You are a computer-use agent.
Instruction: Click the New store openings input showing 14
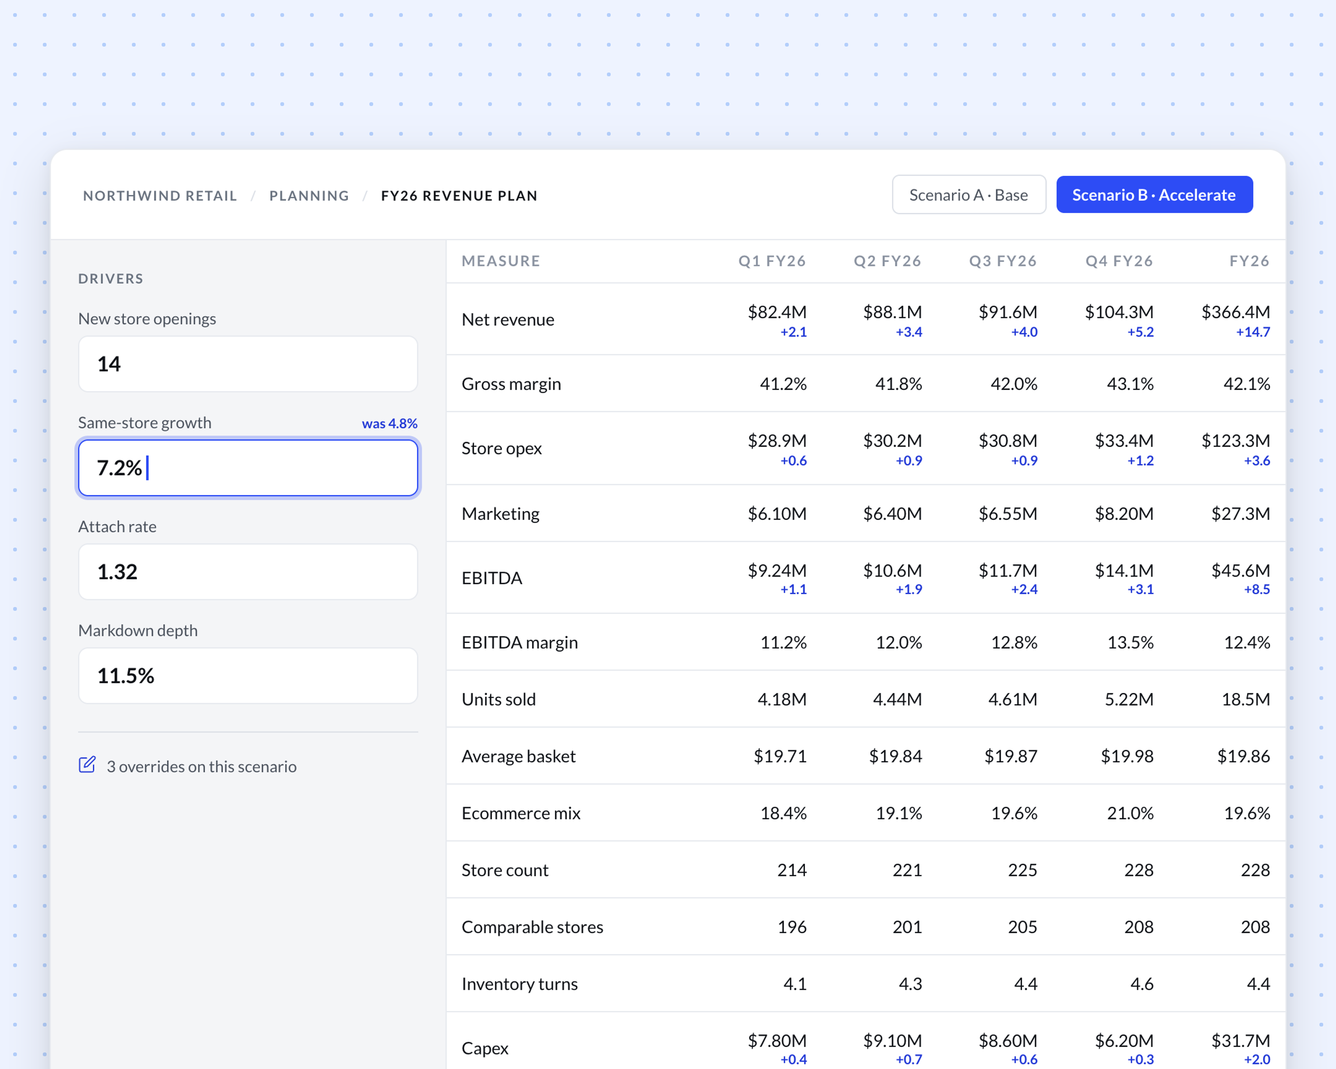tap(248, 364)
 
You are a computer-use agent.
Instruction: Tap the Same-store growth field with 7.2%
tap(248, 468)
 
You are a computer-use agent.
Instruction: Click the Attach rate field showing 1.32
tap(248, 571)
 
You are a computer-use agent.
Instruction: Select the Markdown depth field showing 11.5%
tap(248, 675)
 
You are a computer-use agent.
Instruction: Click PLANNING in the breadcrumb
tap(309, 196)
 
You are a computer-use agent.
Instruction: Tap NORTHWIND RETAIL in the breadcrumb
tap(160, 196)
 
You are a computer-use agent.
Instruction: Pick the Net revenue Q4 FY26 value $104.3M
tap(1119, 312)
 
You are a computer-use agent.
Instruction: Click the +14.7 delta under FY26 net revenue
tap(1253, 332)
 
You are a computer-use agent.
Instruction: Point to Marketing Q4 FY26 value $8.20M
tap(1124, 514)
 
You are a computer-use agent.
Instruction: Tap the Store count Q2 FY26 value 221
tap(907, 870)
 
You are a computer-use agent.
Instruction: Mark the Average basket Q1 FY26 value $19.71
tap(780, 756)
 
